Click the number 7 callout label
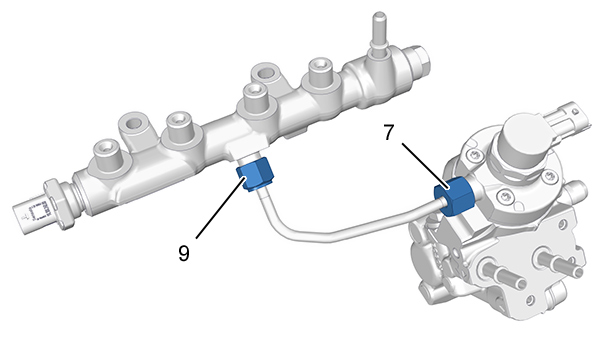click(x=388, y=133)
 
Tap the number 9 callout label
click(x=184, y=253)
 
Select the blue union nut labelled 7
click(x=455, y=196)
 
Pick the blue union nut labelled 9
click(x=254, y=174)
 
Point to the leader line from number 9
click(x=221, y=208)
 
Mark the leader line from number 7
click(x=425, y=165)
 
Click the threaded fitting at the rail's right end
click(x=420, y=63)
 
